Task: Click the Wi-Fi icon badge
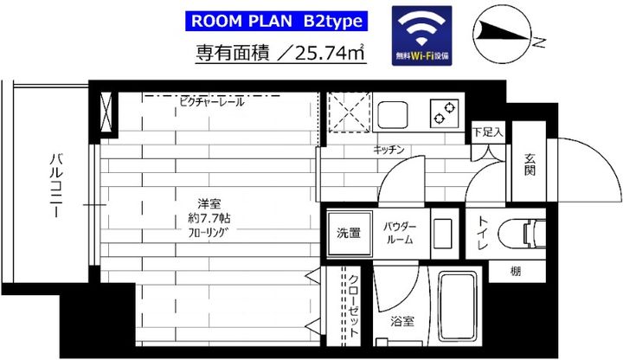click(422, 35)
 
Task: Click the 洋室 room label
click(209, 204)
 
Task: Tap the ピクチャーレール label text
click(211, 102)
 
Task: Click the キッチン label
click(389, 150)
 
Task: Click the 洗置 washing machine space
click(349, 233)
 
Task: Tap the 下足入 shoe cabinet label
click(488, 135)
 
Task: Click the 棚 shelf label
click(516, 272)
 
